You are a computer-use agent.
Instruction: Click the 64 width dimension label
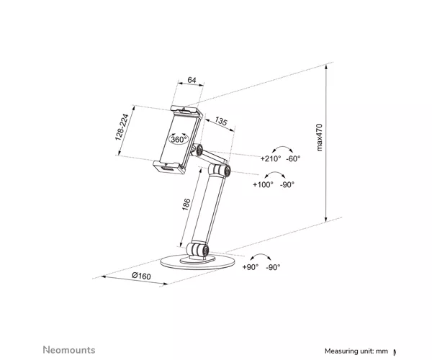(x=192, y=80)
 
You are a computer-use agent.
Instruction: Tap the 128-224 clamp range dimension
(x=122, y=127)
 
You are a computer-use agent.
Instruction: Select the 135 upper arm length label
(x=221, y=121)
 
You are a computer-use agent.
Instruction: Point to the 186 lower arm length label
(x=186, y=204)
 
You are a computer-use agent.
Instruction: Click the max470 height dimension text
(x=319, y=138)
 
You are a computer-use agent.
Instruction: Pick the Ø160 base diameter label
(x=141, y=276)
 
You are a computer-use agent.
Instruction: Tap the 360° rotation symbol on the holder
(x=179, y=139)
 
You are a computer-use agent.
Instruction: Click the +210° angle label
(x=271, y=158)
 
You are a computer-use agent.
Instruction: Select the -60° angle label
(x=293, y=158)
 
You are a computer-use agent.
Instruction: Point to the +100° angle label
(x=263, y=184)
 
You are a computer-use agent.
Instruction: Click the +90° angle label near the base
(x=251, y=267)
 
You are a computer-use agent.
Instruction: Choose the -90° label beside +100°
(x=287, y=184)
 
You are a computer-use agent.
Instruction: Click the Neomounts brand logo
(x=69, y=350)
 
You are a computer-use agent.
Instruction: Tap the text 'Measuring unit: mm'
(x=356, y=351)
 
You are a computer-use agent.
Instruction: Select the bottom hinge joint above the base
(x=197, y=249)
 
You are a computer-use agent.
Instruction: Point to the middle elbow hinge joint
(x=220, y=170)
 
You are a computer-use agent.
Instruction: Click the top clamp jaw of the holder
(x=186, y=112)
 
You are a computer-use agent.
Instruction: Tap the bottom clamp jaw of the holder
(x=169, y=167)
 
